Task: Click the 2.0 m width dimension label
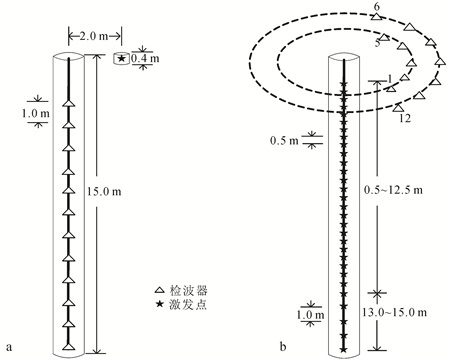[94, 36]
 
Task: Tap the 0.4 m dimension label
[145, 58]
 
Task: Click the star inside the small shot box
[122, 59]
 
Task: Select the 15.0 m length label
[104, 192]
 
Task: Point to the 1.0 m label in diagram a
[36, 114]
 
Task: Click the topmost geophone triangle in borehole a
[69, 103]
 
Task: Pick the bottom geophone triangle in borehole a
[69, 346]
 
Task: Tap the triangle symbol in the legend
[160, 290]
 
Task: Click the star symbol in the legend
[160, 304]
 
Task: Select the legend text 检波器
[188, 290]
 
